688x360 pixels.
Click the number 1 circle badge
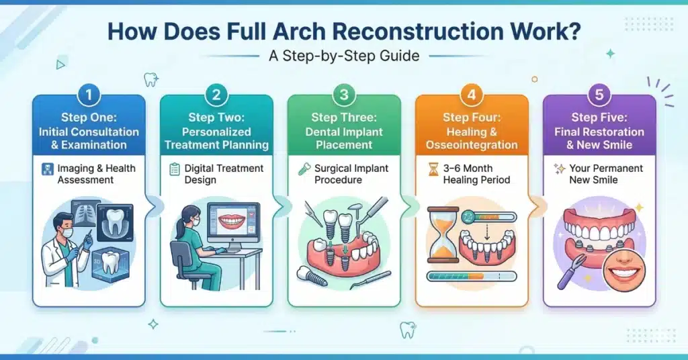point(89,95)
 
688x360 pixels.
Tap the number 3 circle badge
point(344,95)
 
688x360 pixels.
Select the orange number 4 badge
point(472,95)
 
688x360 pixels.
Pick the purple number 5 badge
point(599,95)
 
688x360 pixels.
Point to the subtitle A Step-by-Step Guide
point(344,56)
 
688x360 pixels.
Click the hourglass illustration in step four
point(443,235)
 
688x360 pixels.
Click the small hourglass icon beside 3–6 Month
point(433,169)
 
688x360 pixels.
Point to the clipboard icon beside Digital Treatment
point(175,169)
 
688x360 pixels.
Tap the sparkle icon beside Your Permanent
point(559,169)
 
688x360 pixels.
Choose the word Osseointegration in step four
point(472,144)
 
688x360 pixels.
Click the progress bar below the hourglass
point(472,277)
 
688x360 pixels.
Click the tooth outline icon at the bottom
point(408,330)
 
